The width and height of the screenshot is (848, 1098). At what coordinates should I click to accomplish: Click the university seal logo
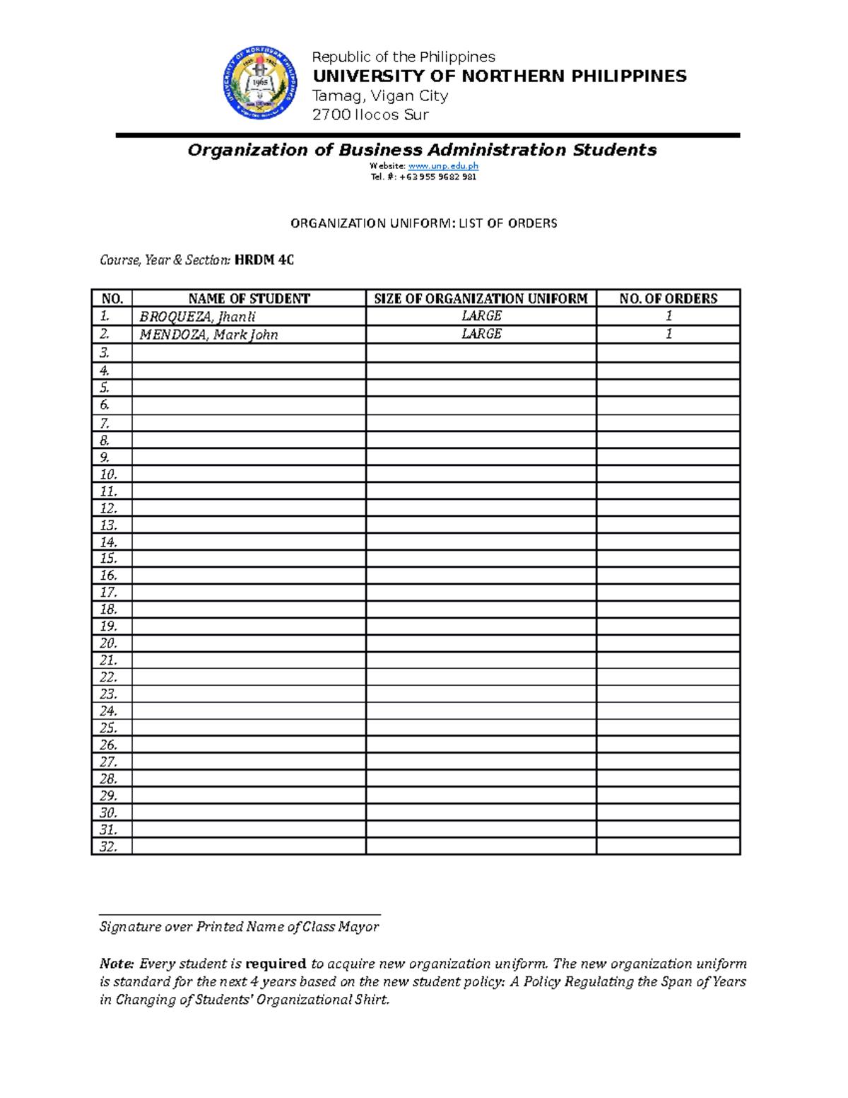tap(259, 83)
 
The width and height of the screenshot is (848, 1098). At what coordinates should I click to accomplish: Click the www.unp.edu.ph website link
tap(443, 166)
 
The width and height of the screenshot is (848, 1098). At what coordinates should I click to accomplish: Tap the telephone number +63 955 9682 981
tap(437, 177)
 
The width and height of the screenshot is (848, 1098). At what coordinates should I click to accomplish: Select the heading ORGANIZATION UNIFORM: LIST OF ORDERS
tap(424, 223)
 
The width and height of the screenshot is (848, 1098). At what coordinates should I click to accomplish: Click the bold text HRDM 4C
tap(264, 260)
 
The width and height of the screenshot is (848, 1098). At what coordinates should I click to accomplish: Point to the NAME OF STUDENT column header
tap(249, 298)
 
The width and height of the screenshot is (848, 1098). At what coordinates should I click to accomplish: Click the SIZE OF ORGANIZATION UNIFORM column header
tap(481, 298)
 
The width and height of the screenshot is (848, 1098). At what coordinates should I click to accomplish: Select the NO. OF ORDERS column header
tap(668, 298)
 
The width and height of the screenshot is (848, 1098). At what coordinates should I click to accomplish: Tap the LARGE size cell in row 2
tap(481, 334)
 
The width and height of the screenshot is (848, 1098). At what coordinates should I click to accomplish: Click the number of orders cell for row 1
tap(668, 316)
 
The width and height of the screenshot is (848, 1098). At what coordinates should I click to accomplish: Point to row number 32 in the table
tap(109, 846)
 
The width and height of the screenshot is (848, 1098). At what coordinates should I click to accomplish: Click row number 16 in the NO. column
tap(109, 576)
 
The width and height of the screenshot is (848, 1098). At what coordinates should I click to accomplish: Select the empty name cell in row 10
tap(249, 474)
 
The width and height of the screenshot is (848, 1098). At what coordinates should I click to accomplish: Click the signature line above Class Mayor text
tap(240, 914)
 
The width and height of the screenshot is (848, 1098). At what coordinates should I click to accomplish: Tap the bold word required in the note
tap(276, 964)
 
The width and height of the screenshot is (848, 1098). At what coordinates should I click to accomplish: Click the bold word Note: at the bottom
tap(117, 964)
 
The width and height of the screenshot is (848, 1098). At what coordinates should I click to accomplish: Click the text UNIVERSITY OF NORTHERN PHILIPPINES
tap(500, 76)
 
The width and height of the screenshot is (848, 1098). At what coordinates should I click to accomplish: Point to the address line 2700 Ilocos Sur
tap(370, 115)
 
